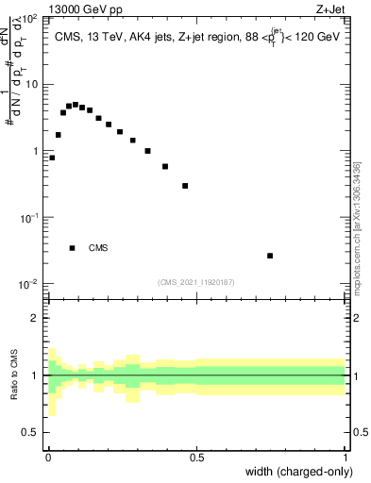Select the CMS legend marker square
72,248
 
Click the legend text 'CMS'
98,248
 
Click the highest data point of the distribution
76,105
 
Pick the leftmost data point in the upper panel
52,158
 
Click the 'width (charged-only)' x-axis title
300,472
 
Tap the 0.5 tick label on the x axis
196,458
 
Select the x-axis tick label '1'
345,458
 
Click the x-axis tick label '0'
48,458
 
